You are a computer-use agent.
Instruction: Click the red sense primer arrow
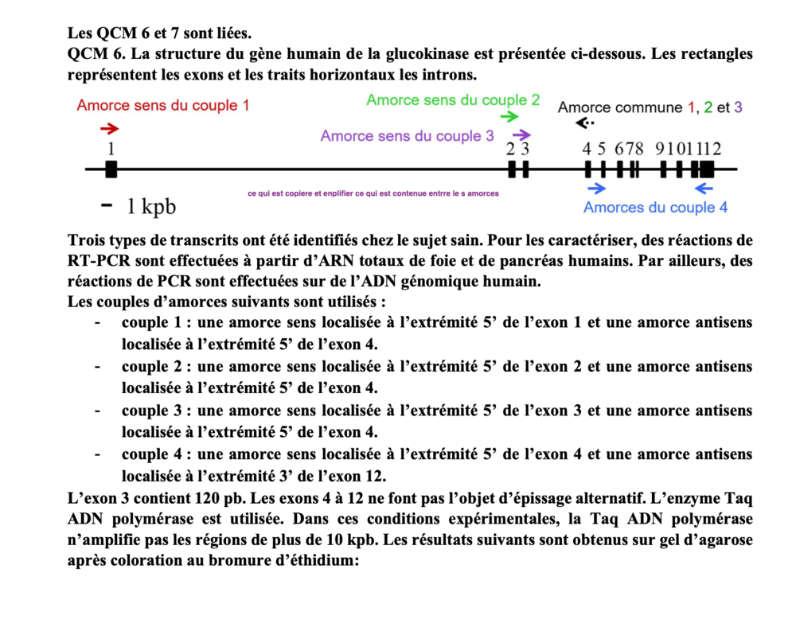coord(110,129)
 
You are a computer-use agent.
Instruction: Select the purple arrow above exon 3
coord(521,135)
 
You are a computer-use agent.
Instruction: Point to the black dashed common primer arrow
coord(585,123)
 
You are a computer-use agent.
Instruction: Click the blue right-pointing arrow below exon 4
coord(596,188)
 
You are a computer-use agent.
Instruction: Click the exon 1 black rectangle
coord(111,169)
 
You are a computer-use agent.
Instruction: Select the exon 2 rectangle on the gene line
coord(512,169)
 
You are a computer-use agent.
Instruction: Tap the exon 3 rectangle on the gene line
coord(525,169)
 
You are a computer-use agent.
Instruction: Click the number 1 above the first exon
coord(111,149)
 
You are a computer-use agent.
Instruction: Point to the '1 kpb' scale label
coord(151,207)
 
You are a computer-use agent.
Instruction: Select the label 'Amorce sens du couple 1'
coord(162,105)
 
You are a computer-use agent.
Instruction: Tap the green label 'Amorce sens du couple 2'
coord(453,100)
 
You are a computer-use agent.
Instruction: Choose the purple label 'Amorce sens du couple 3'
coord(407,136)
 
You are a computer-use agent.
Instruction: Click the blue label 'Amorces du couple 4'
coord(655,208)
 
